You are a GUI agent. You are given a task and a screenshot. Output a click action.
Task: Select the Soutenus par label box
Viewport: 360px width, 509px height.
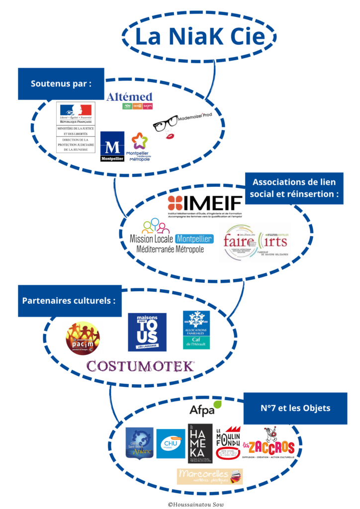(x=61, y=84)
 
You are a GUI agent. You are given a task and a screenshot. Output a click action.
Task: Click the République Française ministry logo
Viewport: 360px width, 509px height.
(x=76, y=128)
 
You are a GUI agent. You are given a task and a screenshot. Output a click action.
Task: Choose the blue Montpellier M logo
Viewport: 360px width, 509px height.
(x=112, y=146)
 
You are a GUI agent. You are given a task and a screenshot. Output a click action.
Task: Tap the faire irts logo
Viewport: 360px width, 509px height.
(x=255, y=242)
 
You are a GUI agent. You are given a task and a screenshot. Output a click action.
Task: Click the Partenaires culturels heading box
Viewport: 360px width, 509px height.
(x=70, y=301)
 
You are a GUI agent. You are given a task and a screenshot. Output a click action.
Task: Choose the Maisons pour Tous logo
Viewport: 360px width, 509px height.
(x=147, y=332)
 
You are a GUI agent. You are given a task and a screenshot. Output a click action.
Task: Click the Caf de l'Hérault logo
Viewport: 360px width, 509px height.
(x=196, y=330)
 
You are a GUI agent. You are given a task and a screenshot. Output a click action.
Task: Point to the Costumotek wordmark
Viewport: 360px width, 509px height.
(x=140, y=366)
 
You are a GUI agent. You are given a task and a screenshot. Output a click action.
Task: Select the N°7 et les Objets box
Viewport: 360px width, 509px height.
(x=295, y=409)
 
